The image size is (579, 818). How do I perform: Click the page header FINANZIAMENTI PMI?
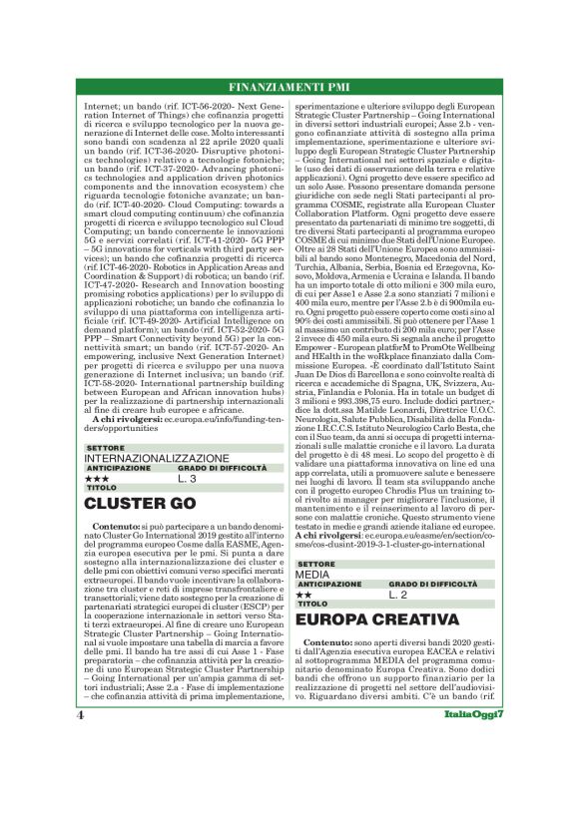point(289,85)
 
